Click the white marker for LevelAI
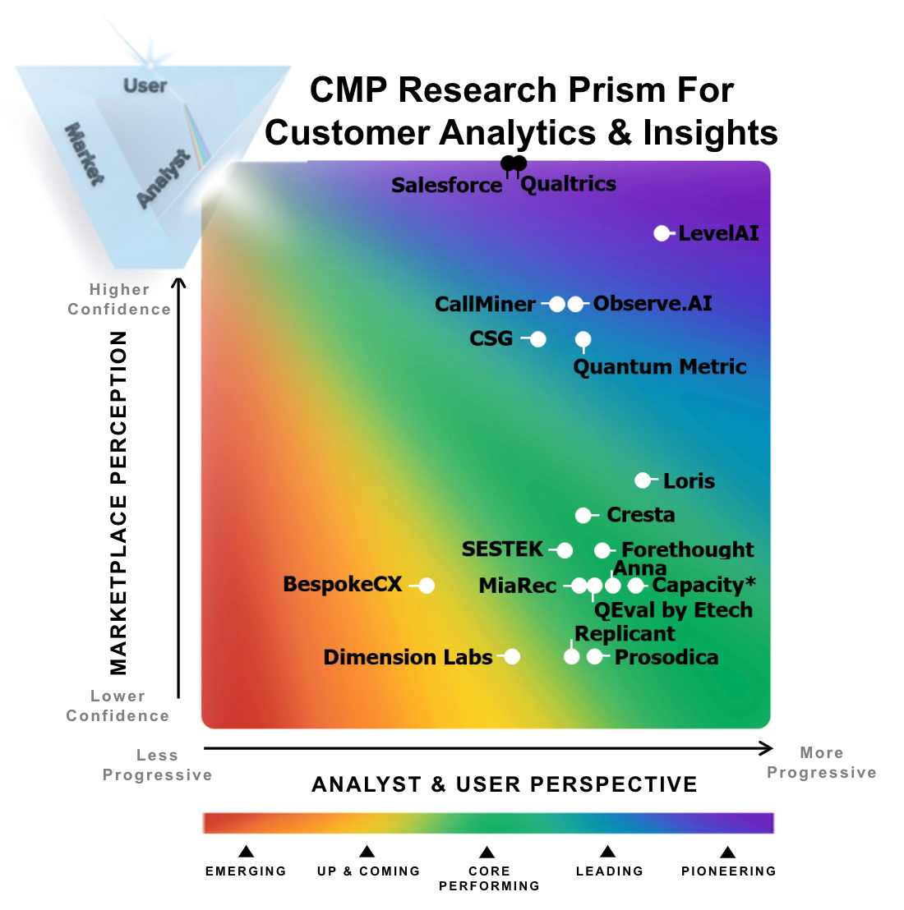(x=662, y=233)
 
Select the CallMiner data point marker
(x=556, y=304)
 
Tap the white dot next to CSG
(x=537, y=339)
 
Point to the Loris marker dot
(x=643, y=480)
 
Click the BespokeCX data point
(x=426, y=586)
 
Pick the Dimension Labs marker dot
(x=512, y=657)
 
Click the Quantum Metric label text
(x=659, y=366)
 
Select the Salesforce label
(x=446, y=186)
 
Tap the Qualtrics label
(x=568, y=184)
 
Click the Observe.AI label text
(x=653, y=304)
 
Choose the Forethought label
(x=687, y=549)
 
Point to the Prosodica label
(x=666, y=658)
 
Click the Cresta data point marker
(x=583, y=515)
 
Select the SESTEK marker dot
(x=565, y=550)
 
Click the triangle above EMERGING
(x=246, y=852)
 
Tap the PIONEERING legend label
(x=728, y=871)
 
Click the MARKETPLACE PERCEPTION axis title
(x=119, y=503)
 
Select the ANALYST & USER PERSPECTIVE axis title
(x=504, y=784)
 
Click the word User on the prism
(x=145, y=85)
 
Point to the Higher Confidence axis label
(x=119, y=300)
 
